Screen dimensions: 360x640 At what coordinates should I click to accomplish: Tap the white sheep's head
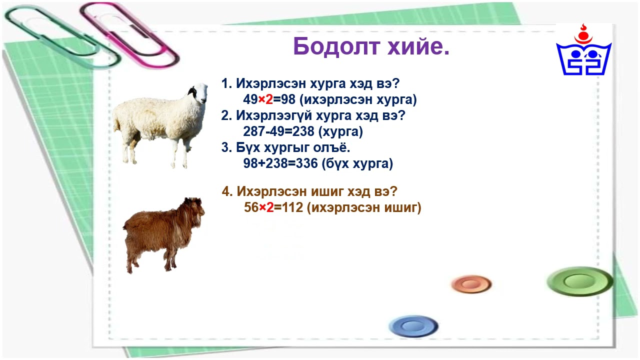tap(197, 93)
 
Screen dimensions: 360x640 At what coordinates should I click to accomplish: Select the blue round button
tap(413, 326)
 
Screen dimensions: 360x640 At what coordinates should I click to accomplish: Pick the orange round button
tap(471, 284)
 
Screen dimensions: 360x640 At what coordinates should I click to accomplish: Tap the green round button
tap(579, 281)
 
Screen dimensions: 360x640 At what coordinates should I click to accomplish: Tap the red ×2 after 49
tap(265, 99)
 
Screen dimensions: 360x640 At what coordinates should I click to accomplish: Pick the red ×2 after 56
tap(266, 207)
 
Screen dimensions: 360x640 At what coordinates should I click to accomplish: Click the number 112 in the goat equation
tap(293, 207)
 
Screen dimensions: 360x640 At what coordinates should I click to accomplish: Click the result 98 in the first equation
tap(288, 99)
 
